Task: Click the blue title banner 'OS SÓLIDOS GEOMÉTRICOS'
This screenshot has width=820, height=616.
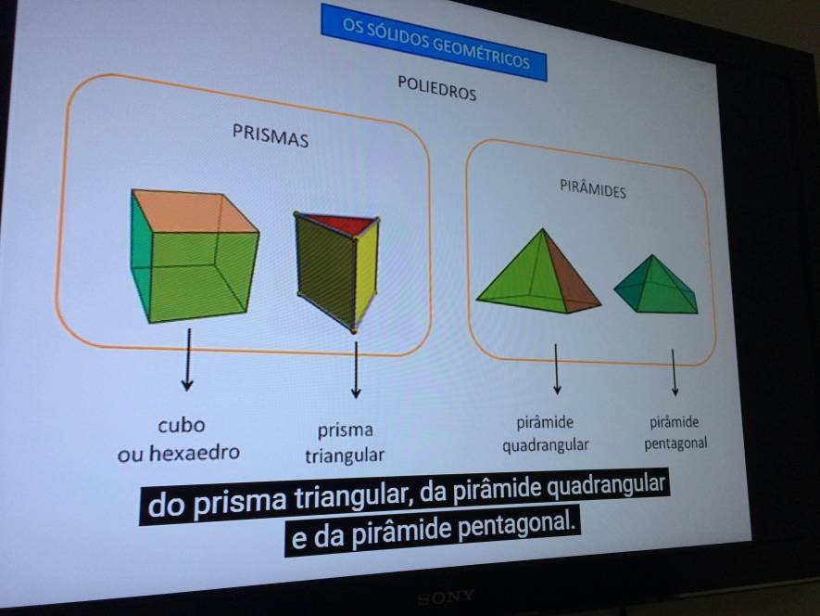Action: (434, 43)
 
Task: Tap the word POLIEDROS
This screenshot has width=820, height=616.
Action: (436, 88)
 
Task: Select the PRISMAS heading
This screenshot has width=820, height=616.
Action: (271, 135)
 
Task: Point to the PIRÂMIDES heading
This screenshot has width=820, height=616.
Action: (592, 188)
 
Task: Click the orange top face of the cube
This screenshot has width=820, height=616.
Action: (194, 212)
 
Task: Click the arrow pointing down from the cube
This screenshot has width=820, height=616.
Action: (188, 360)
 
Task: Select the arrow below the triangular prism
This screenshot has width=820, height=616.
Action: (356, 370)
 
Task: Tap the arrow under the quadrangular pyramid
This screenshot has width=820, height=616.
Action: (557, 368)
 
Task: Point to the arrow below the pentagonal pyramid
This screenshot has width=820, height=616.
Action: (675, 372)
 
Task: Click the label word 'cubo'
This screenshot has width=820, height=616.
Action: (182, 425)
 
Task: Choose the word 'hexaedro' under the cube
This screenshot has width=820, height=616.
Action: (195, 452)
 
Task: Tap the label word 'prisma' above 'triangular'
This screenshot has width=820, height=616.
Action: (346, 430)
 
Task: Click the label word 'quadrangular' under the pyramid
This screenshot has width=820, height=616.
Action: (546, 445)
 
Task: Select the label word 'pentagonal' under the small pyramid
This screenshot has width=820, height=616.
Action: (675, 443)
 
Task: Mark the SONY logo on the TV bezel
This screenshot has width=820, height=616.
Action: (446, 597)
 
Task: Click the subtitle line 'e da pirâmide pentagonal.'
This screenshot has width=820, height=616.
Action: (433, 531)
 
